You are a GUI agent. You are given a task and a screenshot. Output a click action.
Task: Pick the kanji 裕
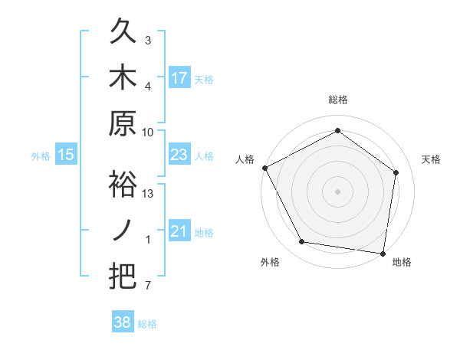(x=123, y=185)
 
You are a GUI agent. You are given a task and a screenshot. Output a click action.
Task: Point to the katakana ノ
(x=123, y=229)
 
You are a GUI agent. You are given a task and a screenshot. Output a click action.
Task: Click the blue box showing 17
(x=179, y=77)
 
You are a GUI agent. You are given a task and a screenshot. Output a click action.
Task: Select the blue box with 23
(x=179, y=155)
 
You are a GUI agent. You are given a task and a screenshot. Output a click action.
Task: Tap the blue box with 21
(x=179, y=231)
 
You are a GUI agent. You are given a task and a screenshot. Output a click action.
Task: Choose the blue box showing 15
(x=66, y=155)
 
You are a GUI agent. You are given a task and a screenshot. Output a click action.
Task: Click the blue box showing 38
(x=123, y=322)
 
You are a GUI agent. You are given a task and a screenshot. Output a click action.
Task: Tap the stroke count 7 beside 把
(x=148, y=286)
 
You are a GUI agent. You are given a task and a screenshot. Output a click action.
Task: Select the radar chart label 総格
(x=338, y=100)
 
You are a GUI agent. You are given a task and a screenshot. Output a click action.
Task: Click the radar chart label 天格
(x=432, y=159)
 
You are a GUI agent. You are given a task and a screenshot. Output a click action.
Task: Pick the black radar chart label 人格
(x=245, y=159)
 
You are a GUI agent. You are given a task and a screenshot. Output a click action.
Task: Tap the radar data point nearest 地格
(x=383, y=253)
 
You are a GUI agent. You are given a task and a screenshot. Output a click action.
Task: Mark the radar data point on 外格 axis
(x=302, y=242)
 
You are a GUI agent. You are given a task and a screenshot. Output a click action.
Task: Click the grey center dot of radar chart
(x=338, y=191)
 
